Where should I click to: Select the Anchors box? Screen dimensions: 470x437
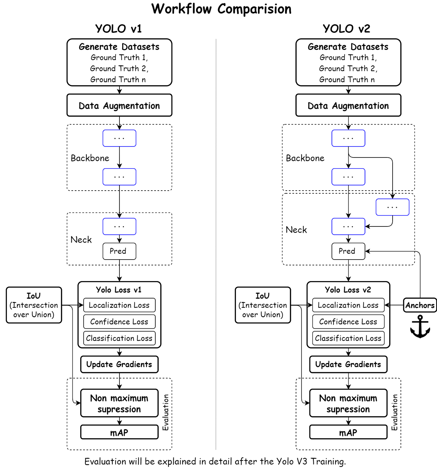coord(420,305)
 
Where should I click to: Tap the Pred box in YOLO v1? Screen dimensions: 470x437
coord(119,251)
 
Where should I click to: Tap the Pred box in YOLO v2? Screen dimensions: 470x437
coord(348,251)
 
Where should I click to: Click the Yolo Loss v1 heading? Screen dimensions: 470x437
coord(119,290)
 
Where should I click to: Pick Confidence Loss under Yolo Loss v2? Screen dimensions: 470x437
coord(348,321)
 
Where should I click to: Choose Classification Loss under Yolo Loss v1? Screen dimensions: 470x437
coord(119,338)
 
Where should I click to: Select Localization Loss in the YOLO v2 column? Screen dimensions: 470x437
coord(348,305)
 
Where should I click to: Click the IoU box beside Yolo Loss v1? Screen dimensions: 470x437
coord(34,305)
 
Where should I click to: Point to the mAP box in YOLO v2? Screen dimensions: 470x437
coord(348,432)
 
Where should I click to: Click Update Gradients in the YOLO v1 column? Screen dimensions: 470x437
coord(119,364)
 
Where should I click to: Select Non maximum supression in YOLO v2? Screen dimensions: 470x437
coord(348,403)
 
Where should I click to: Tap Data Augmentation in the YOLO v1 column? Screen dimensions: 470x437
coord(119,106)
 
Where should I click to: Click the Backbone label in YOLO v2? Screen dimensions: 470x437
coord(305,158)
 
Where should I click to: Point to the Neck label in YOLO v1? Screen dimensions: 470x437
coord(81,240)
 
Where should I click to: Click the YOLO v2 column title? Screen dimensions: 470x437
coord(347,29)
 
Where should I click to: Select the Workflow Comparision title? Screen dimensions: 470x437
coord(221,9)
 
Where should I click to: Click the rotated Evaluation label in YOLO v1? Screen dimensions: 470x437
coord(166,412)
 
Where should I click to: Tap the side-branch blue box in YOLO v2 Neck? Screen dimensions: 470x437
coord(392,207)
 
